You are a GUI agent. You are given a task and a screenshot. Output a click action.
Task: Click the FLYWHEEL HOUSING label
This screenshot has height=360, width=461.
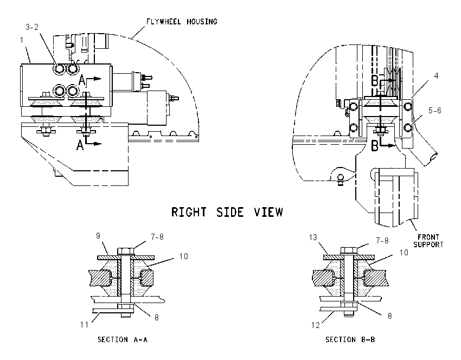pos(182,22)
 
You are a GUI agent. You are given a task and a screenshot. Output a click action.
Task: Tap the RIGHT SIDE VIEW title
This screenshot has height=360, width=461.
pos(227,212)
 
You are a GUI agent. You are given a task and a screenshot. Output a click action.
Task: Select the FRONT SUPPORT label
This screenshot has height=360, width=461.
pos(428,241)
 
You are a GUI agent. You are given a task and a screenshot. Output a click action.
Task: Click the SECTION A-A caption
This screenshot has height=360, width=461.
pos(123,340)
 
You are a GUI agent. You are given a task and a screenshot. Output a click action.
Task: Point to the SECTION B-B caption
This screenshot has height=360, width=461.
pos(350,340)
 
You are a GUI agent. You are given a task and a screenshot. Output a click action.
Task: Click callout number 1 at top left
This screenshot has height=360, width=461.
pos(22,40)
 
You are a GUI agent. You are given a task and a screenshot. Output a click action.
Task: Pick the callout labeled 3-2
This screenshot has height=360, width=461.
pos(32,27)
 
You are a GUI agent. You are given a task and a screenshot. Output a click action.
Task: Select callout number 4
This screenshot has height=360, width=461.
pos(436,76)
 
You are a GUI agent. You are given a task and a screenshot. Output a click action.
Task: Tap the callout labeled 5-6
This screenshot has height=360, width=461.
pos(434,111)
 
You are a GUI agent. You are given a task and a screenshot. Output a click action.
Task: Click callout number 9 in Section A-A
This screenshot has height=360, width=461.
pos(98,236)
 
